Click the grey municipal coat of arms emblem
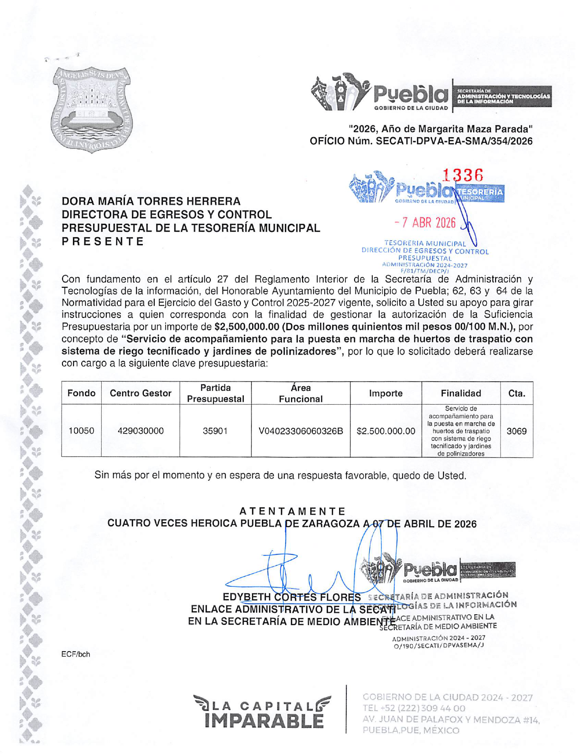pos(93,109)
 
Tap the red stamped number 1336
pos(463,175)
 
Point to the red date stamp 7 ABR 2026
pos(425,223)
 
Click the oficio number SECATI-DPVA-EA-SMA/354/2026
pos(454,142)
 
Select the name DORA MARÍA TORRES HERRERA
pos(151,201)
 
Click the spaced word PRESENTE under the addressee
pos(103,242)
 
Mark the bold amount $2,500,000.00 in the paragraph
pos(246,327)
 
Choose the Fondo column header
pos(81,394)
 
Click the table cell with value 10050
pos(81,431)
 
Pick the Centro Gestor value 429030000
pos(141,431)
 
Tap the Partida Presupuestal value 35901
pos(215,431)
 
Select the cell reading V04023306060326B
pos(301,431)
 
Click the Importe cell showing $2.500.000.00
pos(386,431)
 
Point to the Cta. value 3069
pos(517,431)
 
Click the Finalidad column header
pos(460,394)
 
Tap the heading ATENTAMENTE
pos(293,511)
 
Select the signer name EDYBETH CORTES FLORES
pos(292,597)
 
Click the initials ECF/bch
pos(76,654)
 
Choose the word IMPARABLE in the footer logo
pos(265,721)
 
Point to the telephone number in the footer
pos(414,709)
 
